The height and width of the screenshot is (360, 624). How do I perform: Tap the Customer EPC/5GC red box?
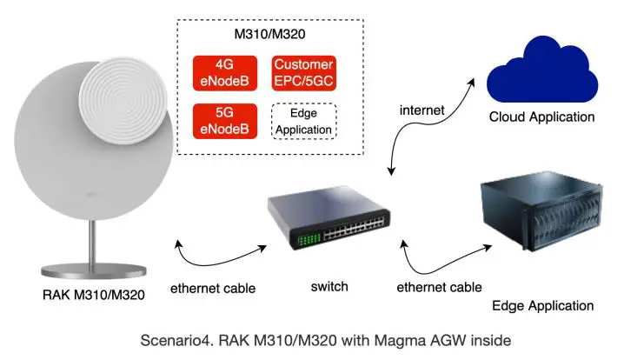[x=304, y=73]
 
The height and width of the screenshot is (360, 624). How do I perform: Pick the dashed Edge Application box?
[x=304, y=121]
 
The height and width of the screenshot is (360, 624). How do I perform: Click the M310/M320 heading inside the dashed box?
[x=263, y=35]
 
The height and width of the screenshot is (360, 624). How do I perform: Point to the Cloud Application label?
[x=541, y=117]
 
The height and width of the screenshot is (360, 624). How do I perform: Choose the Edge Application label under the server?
[x=542, y=305]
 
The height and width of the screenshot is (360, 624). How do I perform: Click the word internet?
[x=422, y=110]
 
